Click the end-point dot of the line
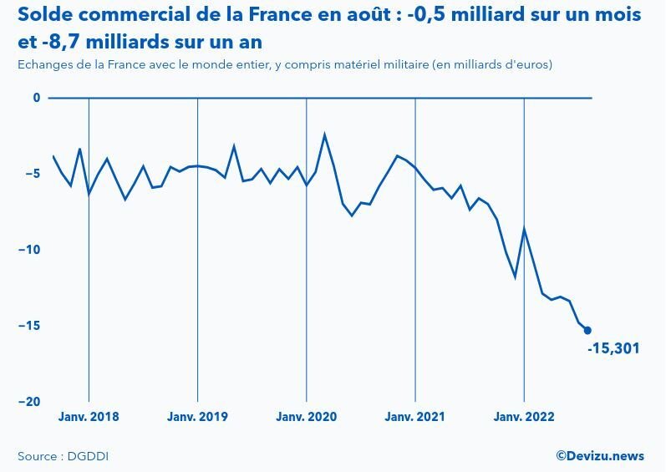pyautogui.click(x=587, y=331)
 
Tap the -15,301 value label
pyautogui.click(x=613, y=348)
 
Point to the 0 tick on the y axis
pyautogui.click(x=37, y=98)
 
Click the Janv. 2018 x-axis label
pyautogui.click(x=89, y=417)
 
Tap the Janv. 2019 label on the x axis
pyautogui.click(x=197, y=417)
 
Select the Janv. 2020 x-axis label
pyautogui.click(x=307, y=417)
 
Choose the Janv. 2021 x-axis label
pyautogui.click(x=415, y=417)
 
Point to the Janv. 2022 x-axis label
pyautogui.click(x=524, y=417)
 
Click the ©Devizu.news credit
pyautogui.click(x=600, y=456)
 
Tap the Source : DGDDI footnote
pyautogui.click(x=64, y=456)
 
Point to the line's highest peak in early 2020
pyautogui.click(x=324, y=134)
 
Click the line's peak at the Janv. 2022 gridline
pyautogui.click(x=524, y=229)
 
